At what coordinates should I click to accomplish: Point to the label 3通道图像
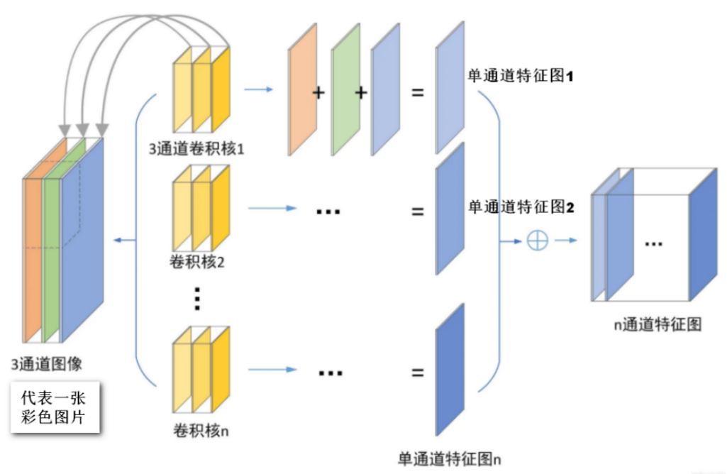click(47, 364)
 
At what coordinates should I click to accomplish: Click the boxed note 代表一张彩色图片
click(55, 408)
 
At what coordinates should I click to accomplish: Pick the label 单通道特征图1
click(520, 76)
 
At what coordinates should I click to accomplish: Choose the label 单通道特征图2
click(520, 207)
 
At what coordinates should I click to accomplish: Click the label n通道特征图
click(657, 325)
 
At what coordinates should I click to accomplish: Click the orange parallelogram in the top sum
click(301, 89)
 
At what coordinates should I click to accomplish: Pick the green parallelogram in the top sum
click(345, 89)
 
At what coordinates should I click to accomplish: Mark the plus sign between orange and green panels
click(318, 93)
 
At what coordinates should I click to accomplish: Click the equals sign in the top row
click(418, 92)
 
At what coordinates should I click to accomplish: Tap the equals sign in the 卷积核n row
click(418, 373)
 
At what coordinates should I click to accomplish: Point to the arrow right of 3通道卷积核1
click(258, 90)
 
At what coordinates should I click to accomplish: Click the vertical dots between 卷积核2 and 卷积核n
click(198, 299)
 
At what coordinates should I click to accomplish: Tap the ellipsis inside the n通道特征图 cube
click(653, 244)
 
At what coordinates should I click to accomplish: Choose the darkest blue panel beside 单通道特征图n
click(450, 369)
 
